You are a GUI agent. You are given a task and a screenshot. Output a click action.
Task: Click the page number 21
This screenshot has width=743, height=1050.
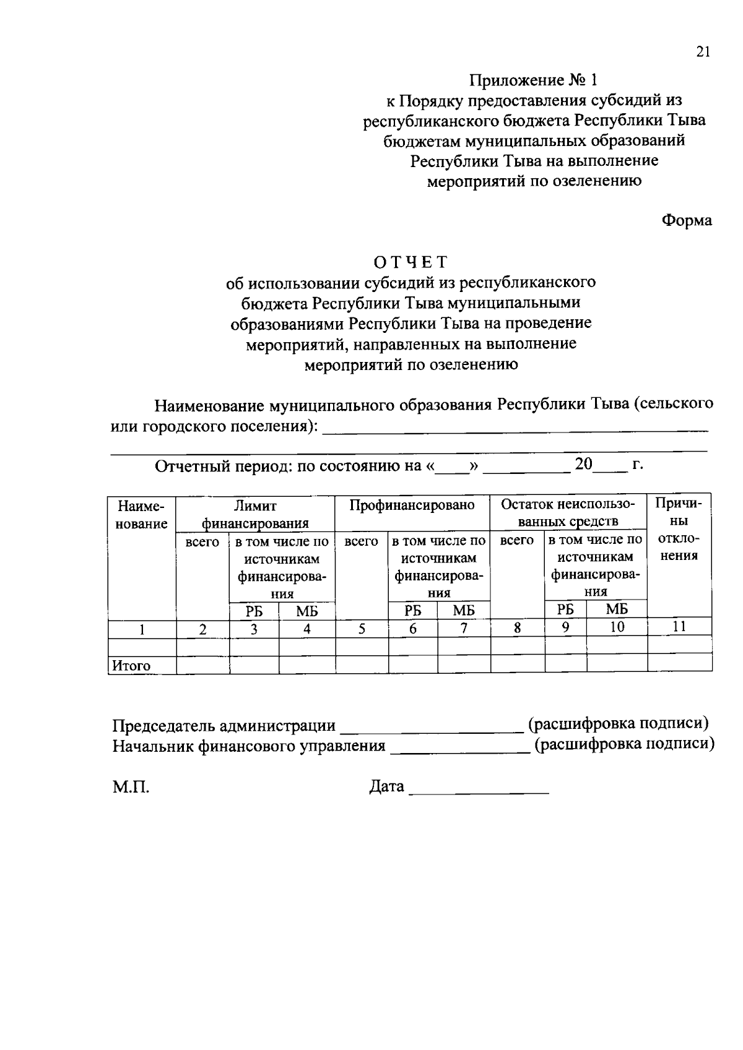[702, 52]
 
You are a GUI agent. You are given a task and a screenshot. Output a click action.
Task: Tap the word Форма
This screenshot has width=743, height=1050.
[687, 220]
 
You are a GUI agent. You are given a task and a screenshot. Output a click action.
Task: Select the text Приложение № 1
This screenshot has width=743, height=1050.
[534, 80]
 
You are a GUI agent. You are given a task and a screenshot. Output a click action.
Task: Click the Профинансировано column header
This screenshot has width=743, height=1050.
[412, 506]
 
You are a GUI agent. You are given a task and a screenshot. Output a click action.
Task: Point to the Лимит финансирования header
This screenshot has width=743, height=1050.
[255, 514]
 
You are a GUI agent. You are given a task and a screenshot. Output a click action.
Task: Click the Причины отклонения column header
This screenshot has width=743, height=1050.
[679, 529]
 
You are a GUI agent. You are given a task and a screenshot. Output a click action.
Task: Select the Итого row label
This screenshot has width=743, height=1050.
[131, 666]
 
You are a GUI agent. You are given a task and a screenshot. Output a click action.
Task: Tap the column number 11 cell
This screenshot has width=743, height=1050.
[679, 627]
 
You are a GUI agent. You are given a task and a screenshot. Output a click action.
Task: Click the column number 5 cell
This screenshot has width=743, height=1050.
[362, 629]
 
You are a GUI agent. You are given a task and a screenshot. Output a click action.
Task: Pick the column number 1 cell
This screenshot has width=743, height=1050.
[142, 629]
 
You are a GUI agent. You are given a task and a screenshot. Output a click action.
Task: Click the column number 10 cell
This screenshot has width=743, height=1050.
[617, 627]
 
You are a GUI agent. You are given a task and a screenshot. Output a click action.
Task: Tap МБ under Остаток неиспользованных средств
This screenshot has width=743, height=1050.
[617, 609]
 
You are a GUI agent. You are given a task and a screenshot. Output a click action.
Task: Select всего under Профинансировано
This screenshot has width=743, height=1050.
[361, 541]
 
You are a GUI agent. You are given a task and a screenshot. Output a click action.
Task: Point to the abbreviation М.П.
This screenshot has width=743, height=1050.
[131, 788]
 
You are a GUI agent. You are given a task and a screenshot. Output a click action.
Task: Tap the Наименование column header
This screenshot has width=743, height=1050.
[142, 515]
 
